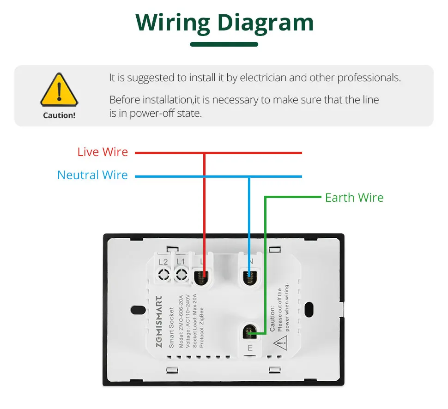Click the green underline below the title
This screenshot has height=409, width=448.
[x=224, y=44]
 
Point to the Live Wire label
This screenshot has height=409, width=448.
[x=103, y=152]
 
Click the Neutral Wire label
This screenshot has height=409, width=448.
[x=92, y=175]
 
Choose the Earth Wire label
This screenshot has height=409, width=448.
[x=354, y=198]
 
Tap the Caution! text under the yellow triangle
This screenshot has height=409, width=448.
[x=59, y=115]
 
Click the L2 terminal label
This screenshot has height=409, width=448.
[x=163, y=262]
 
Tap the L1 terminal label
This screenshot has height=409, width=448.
[x=181, y=262]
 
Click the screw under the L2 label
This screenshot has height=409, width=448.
[x=163, y=276]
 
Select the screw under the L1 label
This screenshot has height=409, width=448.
[x=181, y=276]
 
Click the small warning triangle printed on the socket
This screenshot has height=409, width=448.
[x=280, y=342]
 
